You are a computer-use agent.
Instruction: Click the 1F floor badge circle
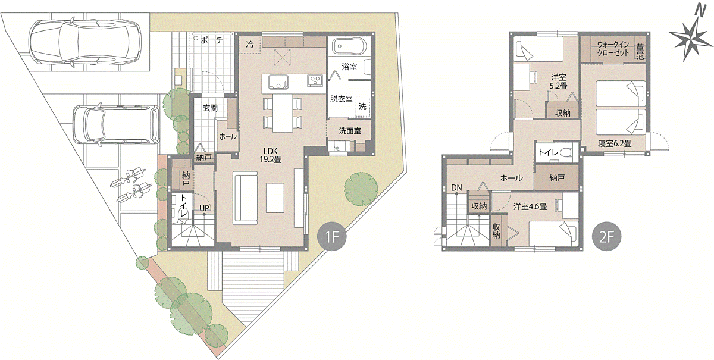[332, 236]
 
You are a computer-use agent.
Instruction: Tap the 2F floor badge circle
[606, 236]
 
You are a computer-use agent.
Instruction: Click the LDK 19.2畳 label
[271, 155]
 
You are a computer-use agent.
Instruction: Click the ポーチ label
[212, 40]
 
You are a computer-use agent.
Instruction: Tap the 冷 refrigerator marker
[250, 45]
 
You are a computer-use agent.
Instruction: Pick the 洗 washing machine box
[362, 107]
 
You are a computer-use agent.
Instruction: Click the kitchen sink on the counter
[278, 82]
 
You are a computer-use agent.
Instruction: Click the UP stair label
[204, 208]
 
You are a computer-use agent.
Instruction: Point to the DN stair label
[456, 188]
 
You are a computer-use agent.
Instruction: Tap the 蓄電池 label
[640, 51]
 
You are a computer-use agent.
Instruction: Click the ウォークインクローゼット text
[613, 49]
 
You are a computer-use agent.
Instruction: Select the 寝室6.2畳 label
[615, 144]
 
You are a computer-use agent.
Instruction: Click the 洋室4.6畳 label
[530, 206]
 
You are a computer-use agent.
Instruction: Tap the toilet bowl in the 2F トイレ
[566, 153]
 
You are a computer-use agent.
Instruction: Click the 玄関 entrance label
[211, 108]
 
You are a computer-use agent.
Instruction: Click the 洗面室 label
[350, 131]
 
